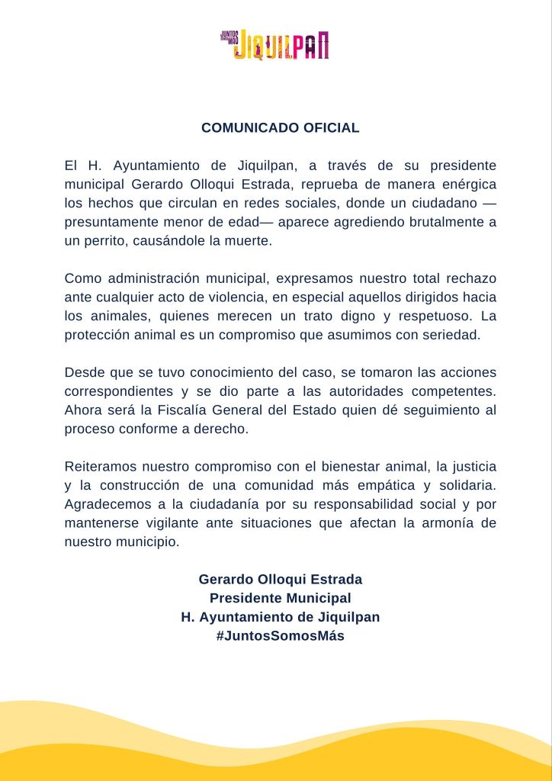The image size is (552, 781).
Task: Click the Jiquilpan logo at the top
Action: tap(275, 45)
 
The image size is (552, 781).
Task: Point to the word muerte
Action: tap(248, 241)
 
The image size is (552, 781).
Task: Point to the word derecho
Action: tap(223, 429)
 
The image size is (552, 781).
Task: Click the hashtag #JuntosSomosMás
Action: tap(281, 635)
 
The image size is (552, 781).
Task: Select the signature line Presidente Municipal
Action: tap(281, 598)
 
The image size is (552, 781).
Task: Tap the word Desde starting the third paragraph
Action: tap(86, 372)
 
